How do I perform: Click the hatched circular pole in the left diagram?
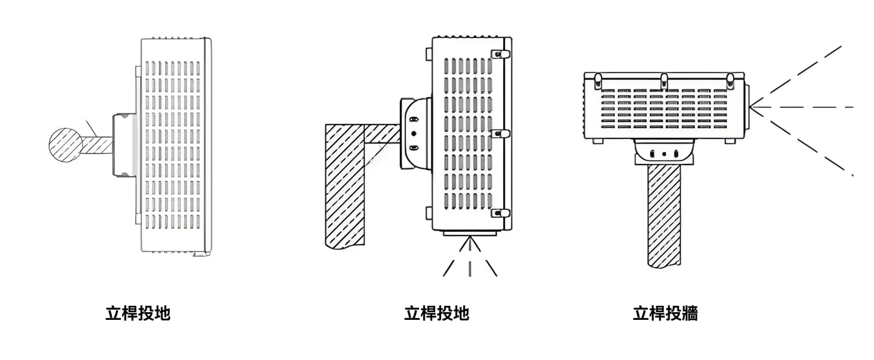coord(66,144)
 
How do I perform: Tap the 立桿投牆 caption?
coord(665,314)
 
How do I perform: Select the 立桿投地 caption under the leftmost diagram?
coord(138,314)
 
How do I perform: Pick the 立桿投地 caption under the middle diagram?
coord(436,314)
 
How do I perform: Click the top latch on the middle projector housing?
coord(498,54)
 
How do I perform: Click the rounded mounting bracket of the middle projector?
coord(415,134)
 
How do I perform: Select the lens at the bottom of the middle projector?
coord(469,233)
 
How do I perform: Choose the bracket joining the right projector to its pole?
coord(664,152)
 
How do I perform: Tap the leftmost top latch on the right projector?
coord(598,79)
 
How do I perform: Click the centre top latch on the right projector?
coord(664,79)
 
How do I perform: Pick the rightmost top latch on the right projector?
coord(730,79)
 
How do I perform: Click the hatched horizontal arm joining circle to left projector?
coord(97,144)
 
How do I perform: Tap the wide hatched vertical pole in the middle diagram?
coord(345,185)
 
